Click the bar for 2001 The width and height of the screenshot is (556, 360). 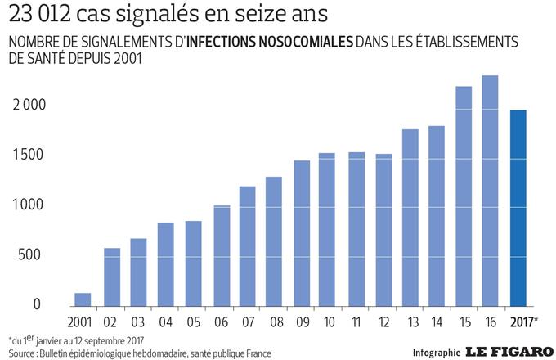coord(83,299)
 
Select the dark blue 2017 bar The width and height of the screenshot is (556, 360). coord(518,208)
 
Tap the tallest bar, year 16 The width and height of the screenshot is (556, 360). coord(490,191)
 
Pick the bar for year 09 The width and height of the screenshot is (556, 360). coord(302,233)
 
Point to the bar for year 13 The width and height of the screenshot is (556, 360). coord(410,218)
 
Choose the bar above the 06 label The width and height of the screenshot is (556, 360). coord(222,256)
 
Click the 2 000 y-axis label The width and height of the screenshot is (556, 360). coord(29,105)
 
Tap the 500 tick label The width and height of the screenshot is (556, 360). coord(29,254)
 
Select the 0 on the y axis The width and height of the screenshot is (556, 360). coord(37,304)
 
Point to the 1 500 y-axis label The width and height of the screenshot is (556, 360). coord(28,155)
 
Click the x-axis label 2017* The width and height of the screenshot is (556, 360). coord(524,322)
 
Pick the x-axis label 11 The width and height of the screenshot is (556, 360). coord(356,322)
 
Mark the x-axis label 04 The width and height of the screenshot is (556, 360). coord(165,322)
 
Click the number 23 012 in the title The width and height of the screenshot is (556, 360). coord(40,14)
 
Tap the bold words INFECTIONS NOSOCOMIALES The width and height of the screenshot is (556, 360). coord(270,42)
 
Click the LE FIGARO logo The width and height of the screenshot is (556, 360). coord(509,352)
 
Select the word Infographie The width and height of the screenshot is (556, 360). coord(437,353)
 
